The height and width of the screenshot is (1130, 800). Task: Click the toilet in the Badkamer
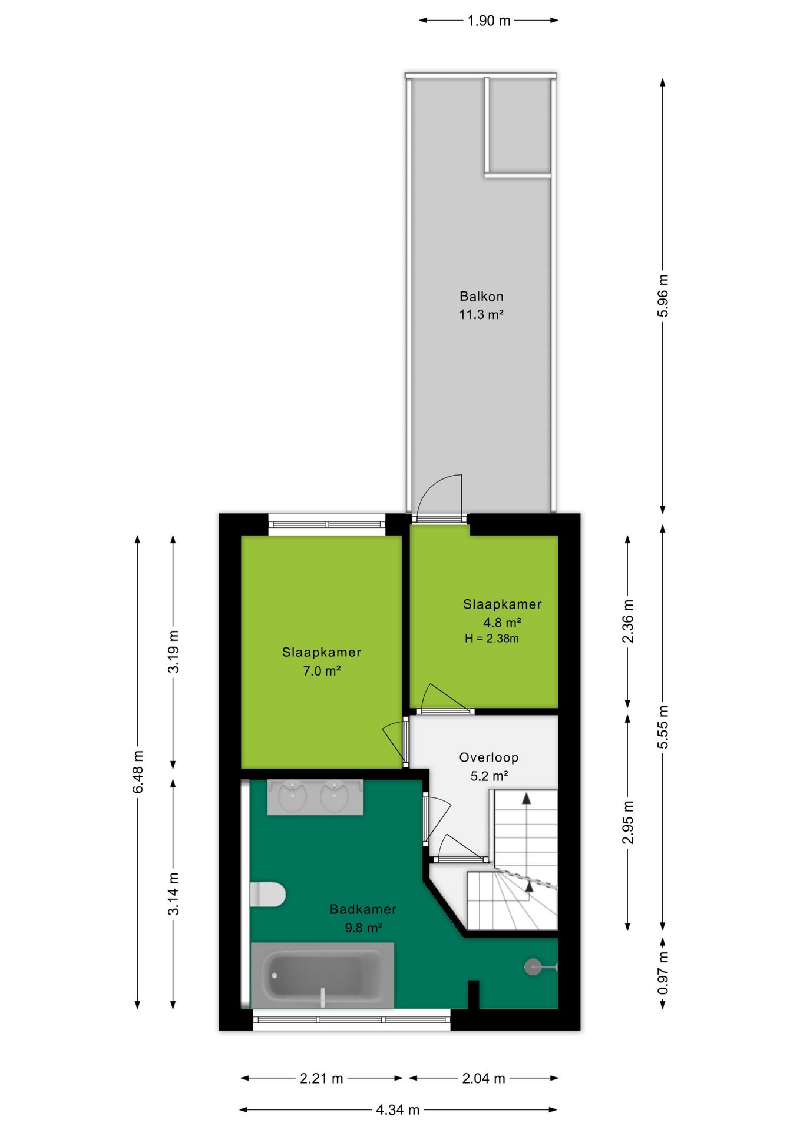point(267,894)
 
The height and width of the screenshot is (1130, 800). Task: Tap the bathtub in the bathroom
point(322,975)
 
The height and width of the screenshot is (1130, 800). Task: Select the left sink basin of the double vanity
point(292,797)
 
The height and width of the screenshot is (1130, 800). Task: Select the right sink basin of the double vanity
point(335,797)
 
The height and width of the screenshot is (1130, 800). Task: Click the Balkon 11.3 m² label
point(481,305)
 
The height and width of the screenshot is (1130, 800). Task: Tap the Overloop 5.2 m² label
point(489,766)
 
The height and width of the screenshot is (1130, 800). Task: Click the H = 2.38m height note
point(492,639)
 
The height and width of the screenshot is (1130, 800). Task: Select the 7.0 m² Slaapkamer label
point(322,662)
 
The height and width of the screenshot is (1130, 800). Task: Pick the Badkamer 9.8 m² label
point(363,918)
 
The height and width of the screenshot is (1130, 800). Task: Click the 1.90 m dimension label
point(489,21)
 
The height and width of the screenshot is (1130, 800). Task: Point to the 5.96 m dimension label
point(663,295)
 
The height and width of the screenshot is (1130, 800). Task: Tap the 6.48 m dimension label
point(138,772)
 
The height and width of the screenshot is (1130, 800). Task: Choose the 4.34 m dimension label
point(398,1110)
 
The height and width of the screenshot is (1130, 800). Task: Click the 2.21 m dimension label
point(321,1078)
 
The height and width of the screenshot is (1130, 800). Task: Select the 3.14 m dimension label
point(173,893)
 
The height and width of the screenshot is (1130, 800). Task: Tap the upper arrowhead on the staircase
point(526,798)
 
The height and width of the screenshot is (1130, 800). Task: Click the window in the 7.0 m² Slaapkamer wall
point(327,524)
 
